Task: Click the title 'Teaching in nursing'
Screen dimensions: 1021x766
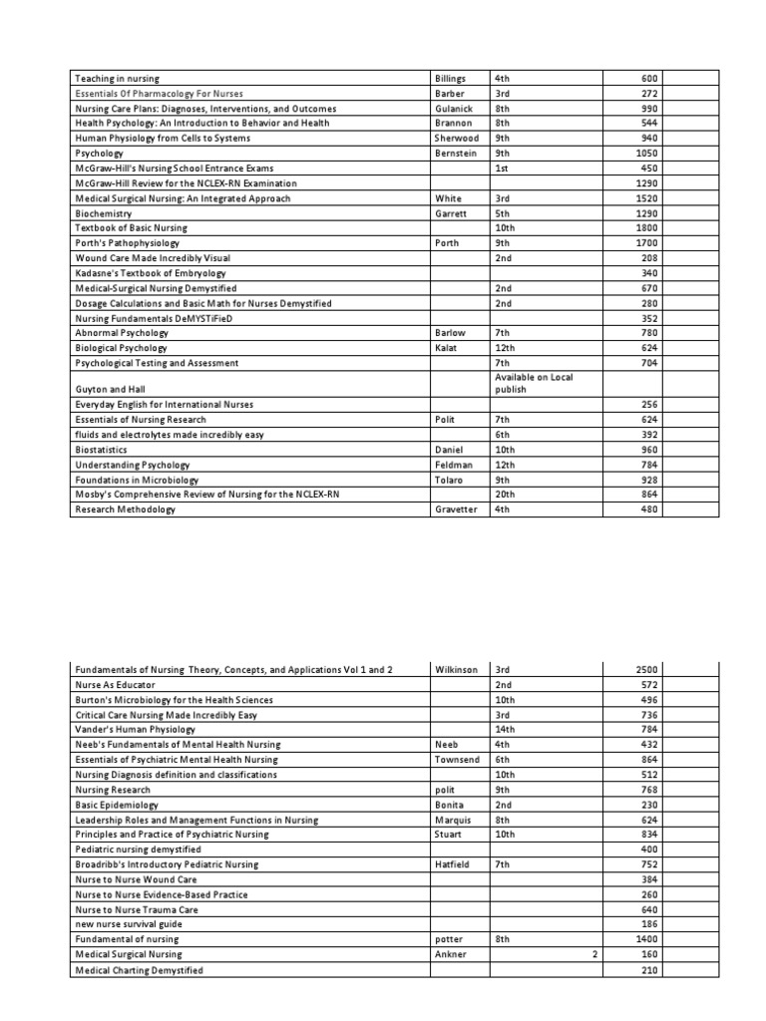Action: tap(117, 78)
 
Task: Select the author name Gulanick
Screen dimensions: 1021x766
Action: tap(456, 108)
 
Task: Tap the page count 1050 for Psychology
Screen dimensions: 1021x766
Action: tap(645, 154)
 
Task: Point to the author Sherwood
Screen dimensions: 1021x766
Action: tap(457, 138)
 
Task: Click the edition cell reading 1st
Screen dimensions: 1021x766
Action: tap(503, 169)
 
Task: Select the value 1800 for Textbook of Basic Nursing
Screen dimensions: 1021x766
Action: tap(645, 228)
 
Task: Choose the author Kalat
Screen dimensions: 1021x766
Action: tap(445, 348)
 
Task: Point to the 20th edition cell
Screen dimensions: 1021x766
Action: tap(505, 495)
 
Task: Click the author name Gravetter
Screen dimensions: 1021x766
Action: tap(457, 510)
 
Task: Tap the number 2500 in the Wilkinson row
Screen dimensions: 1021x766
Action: tap(645, 669)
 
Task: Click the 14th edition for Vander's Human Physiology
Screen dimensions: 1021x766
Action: tap(505, 729)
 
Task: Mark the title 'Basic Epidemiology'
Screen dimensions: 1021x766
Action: tap(117, 804)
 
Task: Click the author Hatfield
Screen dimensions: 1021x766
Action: tap(455, 863)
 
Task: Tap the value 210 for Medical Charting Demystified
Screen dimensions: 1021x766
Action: tap(649, 969)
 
